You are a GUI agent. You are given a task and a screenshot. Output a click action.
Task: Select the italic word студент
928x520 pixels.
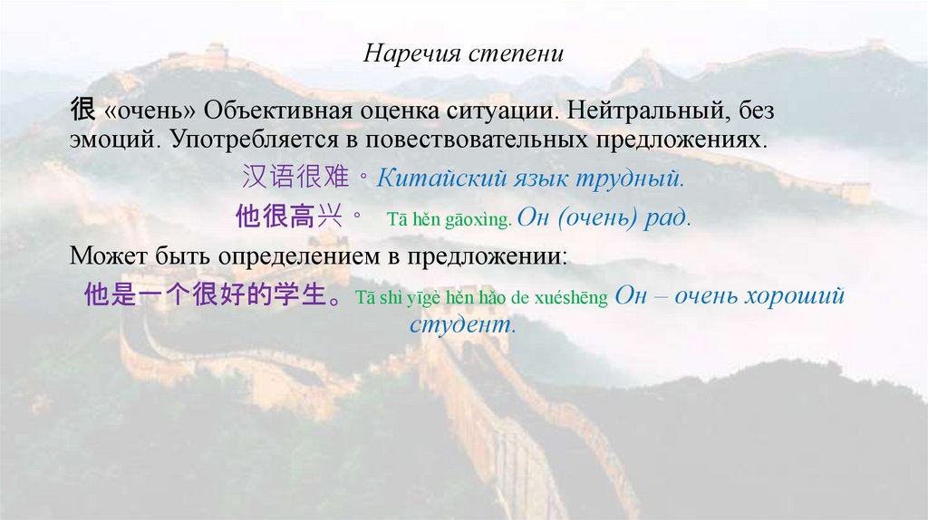[461, 325]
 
